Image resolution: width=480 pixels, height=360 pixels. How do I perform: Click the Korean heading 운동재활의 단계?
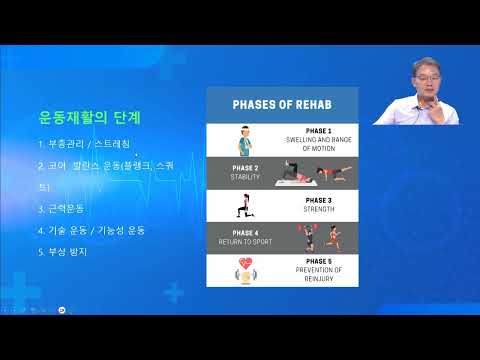(x=88, y=118)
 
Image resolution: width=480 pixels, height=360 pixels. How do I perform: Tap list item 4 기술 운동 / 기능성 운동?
(x=91, y=230)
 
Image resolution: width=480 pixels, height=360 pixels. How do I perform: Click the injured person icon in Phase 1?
(x=246, y=139)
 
